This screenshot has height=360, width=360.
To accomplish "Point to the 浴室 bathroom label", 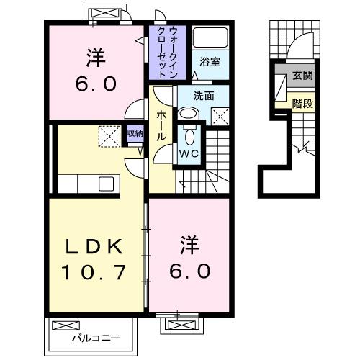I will [x=210, y=63].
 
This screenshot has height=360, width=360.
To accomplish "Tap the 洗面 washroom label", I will [x=203, y=96].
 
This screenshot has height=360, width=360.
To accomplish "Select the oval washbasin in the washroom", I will [x=188, y=113].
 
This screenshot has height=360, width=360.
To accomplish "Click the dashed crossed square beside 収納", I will [x=110, y=135].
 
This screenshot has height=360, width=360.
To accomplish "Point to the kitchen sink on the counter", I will [x=106, y=184].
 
